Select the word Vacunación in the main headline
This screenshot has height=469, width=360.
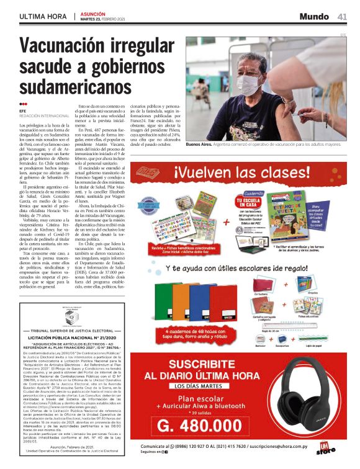point(67,47)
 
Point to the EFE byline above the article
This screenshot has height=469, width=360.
point(24,111)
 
